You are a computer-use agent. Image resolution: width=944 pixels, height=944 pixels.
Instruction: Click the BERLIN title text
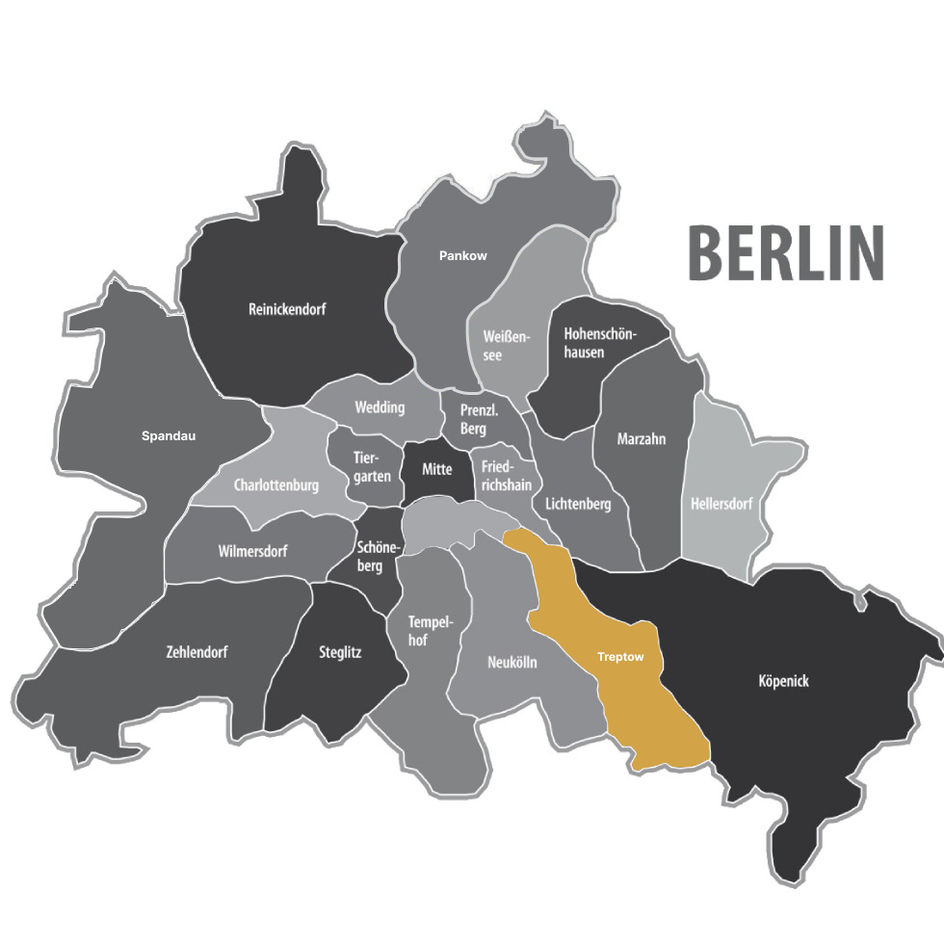[785, 253]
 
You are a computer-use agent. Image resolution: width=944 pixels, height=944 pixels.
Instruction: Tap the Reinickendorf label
[287, 310]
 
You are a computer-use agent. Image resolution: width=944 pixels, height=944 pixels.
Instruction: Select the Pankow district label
[462, 256]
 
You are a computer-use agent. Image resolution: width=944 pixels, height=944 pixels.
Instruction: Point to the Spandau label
[169, 435]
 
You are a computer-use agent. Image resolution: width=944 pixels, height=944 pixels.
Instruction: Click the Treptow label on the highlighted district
[620, 657]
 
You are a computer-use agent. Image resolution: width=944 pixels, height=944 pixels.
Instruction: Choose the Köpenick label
[783, 681]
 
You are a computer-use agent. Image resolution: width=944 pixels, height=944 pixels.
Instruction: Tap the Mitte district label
[436, 470]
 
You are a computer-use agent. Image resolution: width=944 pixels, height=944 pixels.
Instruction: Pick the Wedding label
[380, 407]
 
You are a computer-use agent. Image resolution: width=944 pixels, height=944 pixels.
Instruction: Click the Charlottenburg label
[275, 485]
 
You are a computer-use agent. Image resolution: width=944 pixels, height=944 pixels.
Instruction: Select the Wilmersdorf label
[252, 552]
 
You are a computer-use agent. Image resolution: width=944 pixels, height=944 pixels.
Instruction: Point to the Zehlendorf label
[197, 652]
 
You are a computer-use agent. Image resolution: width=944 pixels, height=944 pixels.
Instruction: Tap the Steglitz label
[340, 652]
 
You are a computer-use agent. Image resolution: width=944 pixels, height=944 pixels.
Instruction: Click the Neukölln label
[512, 663]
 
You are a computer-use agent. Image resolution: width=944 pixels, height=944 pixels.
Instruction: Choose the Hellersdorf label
[721, 504]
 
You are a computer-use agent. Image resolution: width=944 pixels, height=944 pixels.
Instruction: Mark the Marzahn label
[642, 439]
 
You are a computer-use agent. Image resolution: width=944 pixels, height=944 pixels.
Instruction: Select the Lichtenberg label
[578, 504]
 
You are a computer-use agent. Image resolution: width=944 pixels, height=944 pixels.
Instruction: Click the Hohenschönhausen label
[597, 343]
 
